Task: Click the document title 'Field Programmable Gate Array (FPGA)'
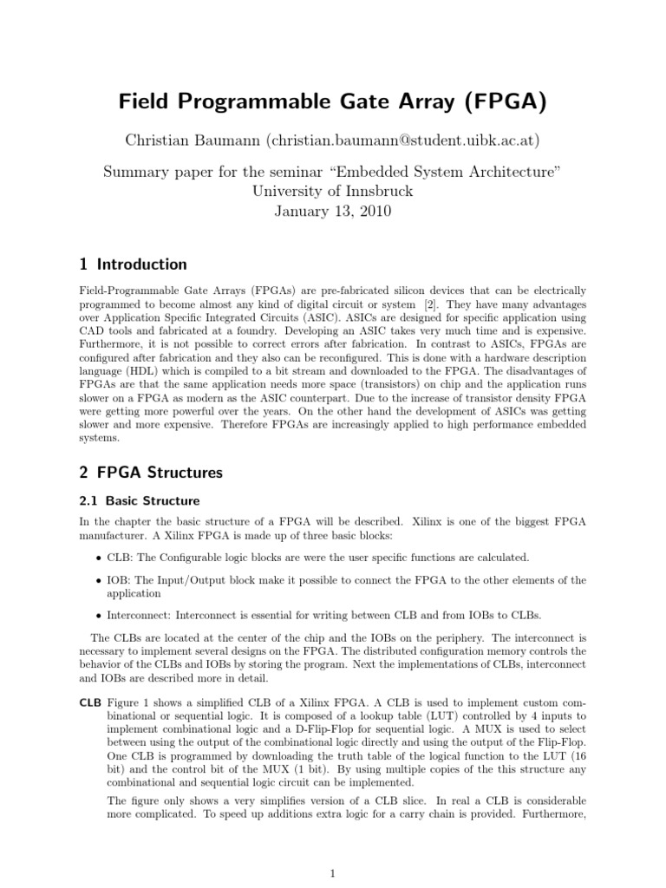[x=333, y=103]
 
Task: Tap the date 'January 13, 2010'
[x=333, y=211]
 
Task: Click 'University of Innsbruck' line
[x=333, y=192]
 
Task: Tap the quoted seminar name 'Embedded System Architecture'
[x=443, y=173]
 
